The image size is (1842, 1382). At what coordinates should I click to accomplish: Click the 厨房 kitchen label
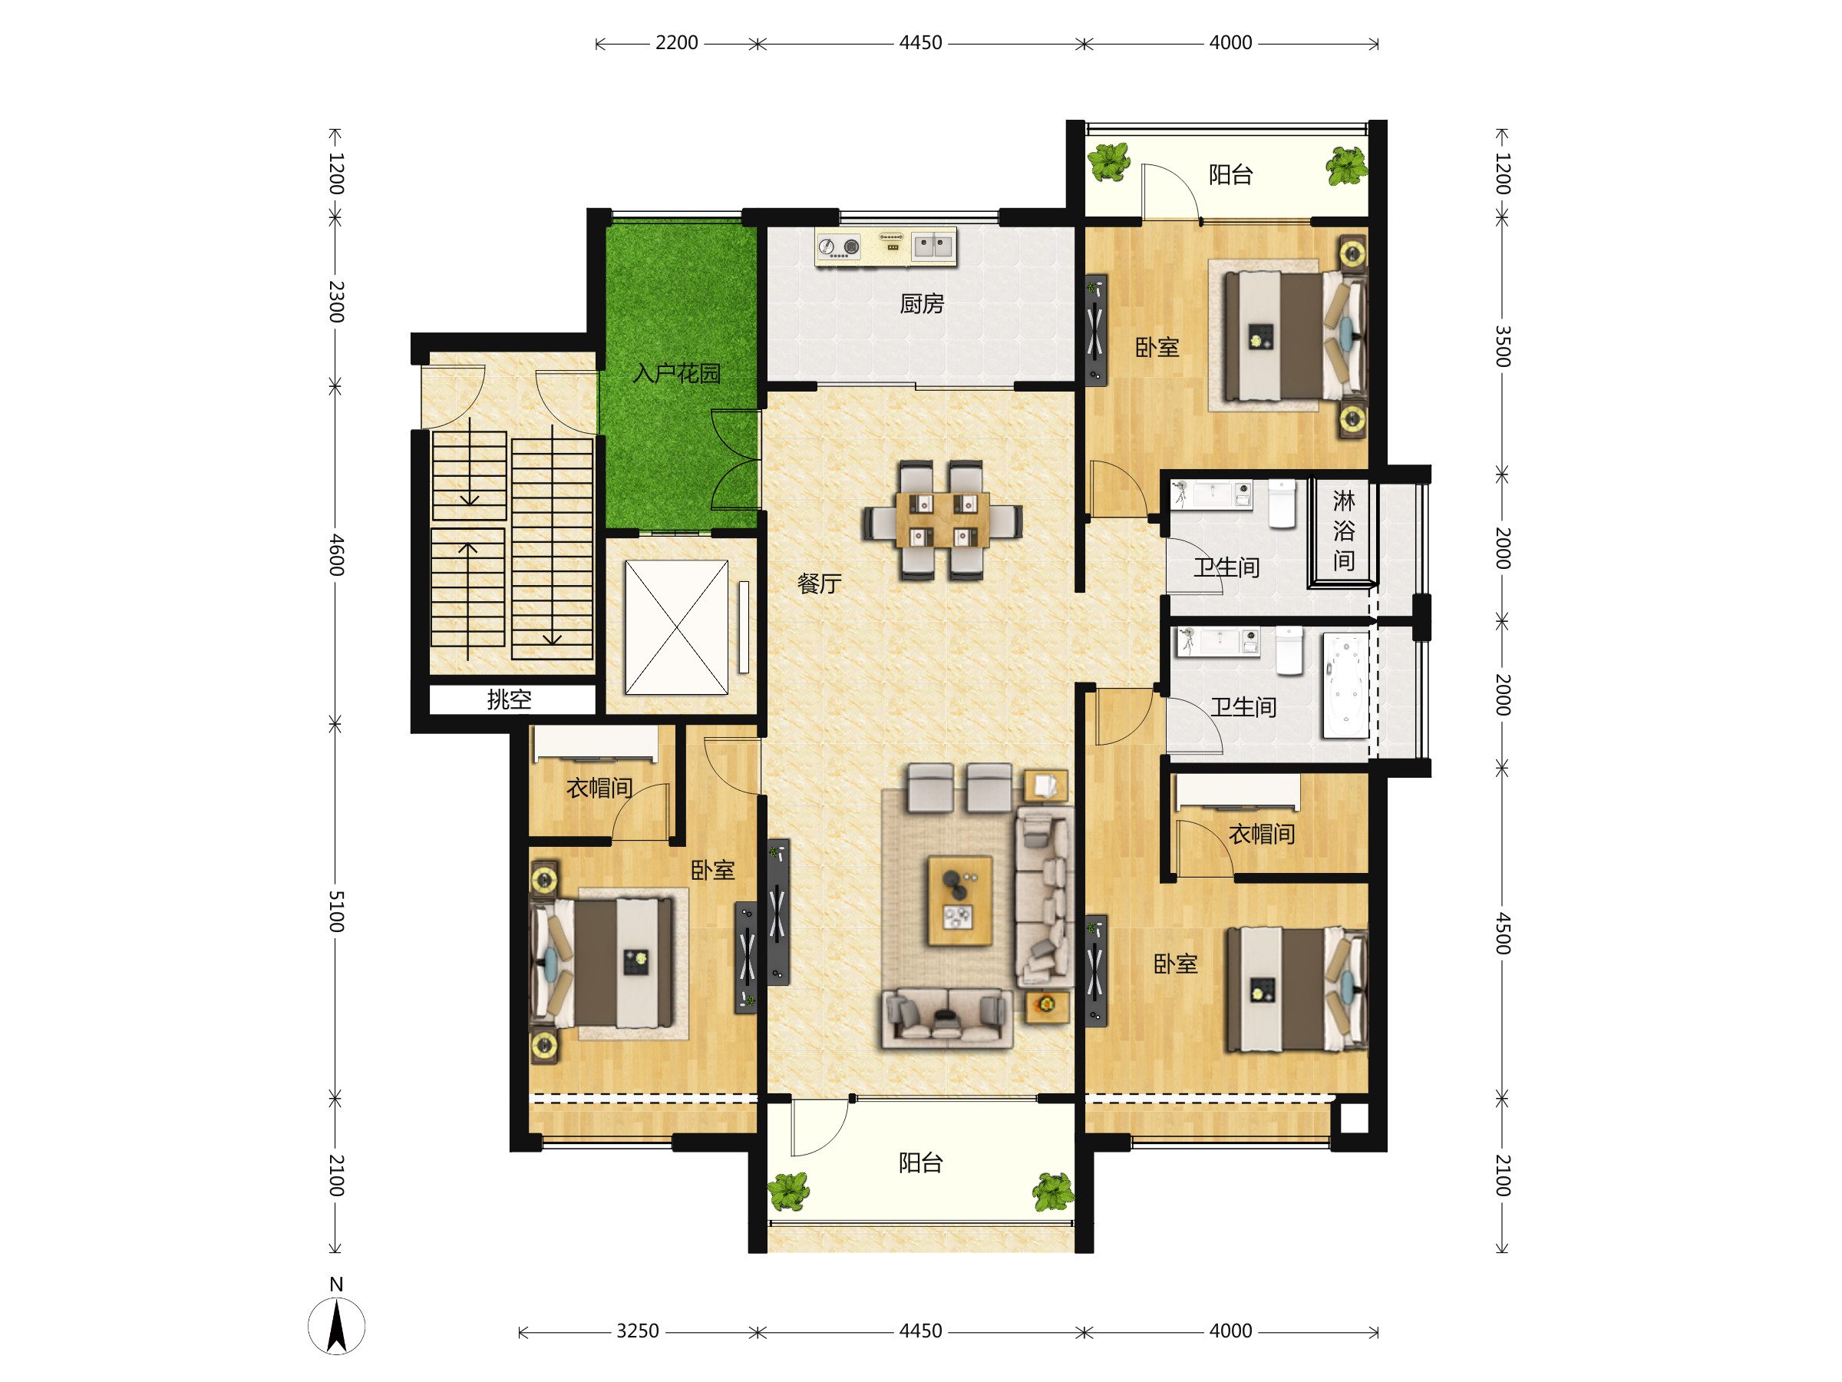pyautogui.click(x=921, y=304)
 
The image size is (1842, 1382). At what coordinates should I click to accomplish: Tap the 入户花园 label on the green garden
pyautogui.click(x=676, y=373)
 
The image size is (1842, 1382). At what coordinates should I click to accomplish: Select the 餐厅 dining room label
pyautogui.click(x=819, y=583)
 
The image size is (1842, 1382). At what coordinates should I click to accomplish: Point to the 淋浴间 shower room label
pyautogui.click(x=1343, y=531)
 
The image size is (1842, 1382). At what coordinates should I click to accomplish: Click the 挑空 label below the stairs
pyautogui.click(x=509, y=699)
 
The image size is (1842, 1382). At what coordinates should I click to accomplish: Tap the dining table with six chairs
pyautogui.click(x=942, y=520)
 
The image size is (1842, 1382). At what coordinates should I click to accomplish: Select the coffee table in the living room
pyautogui.click(x=959, y=901)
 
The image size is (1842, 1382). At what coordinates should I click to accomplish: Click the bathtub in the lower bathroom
pyautogui.click(x=1345, y=686)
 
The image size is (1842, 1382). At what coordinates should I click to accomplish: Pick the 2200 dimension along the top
pyautogui.click(x=676, y=42)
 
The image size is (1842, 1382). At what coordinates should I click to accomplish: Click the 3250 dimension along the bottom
pyautogui.click(x=637, y=1331)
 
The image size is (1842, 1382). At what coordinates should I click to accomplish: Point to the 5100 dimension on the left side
pyautogui.click(x=335, y=911)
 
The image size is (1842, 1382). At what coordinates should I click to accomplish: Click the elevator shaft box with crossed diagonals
pyautogui.click(x=676, y=627)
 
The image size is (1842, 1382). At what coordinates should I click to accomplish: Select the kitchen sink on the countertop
pyautogui.click(x=933, y=246)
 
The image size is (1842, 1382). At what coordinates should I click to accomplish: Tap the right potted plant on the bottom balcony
pyautogui.click(x=1054, y=1192)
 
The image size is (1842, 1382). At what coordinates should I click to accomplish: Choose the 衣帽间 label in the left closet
pyautogui.click(x=599, y=787)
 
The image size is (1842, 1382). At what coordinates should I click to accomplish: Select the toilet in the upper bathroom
pyautogui.click(x=1282, y=504)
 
